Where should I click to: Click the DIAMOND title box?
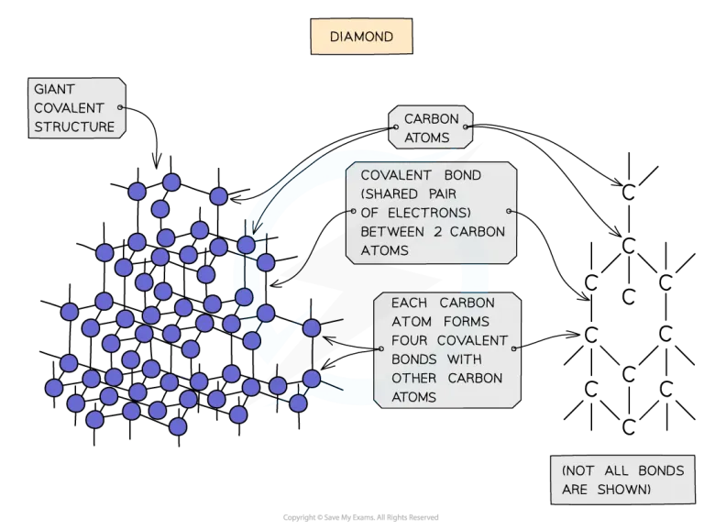(360, 37)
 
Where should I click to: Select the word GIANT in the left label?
(55, 90)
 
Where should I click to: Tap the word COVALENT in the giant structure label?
(70, 109)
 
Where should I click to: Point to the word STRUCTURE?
(74, 127)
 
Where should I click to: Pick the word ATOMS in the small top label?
(427, 138)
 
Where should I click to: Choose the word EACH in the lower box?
(409, 304)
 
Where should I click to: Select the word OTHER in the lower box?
(412, 379)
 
